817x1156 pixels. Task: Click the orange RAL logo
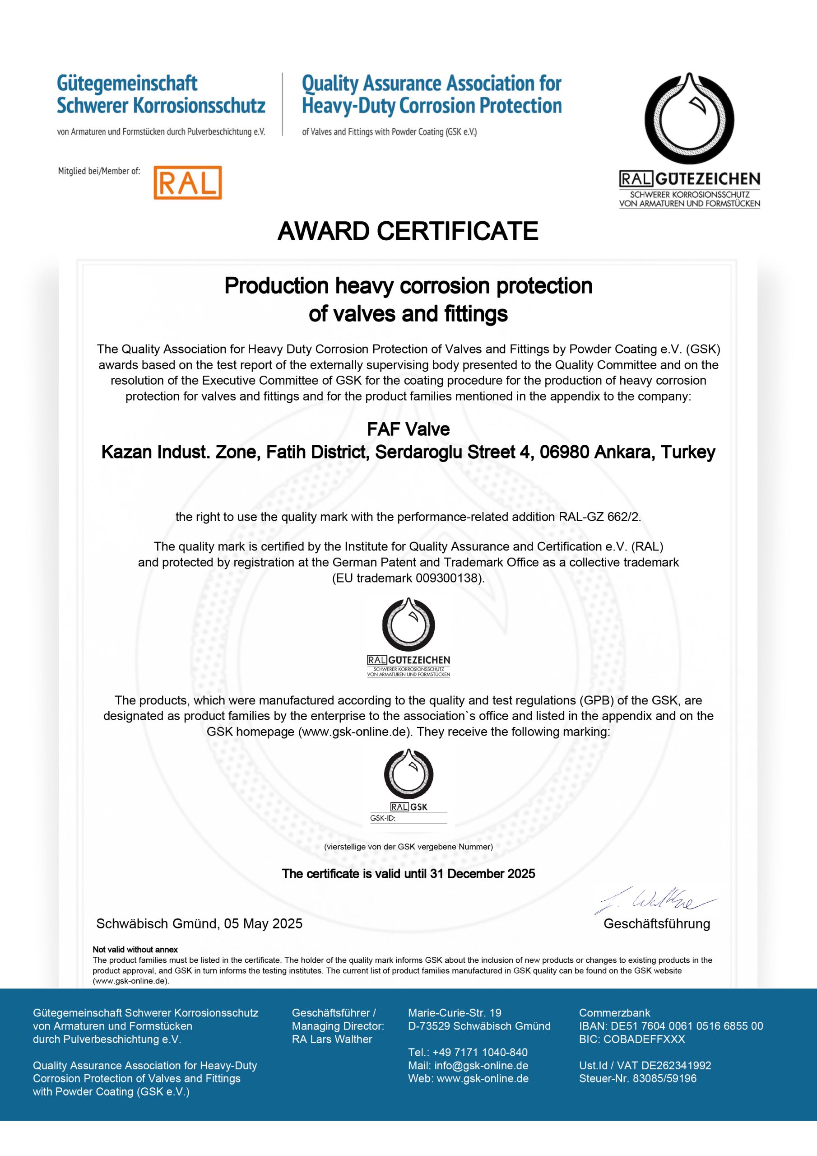click(x=187, y=183)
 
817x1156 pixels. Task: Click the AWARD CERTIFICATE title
click(x=408, y=232)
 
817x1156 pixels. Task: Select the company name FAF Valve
click(x=408, y=429)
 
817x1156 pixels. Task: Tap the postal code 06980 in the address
click(x=564, y=452)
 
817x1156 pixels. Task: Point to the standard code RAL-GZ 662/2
click(x=599, y=517)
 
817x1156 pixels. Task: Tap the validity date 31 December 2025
click(x=482, y=873)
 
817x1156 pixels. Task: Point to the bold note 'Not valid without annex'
click(x=135, y=950)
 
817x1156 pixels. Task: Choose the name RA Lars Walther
click(x=332, y=1039)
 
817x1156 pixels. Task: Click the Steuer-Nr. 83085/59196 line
click(x=637, y=1078)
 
